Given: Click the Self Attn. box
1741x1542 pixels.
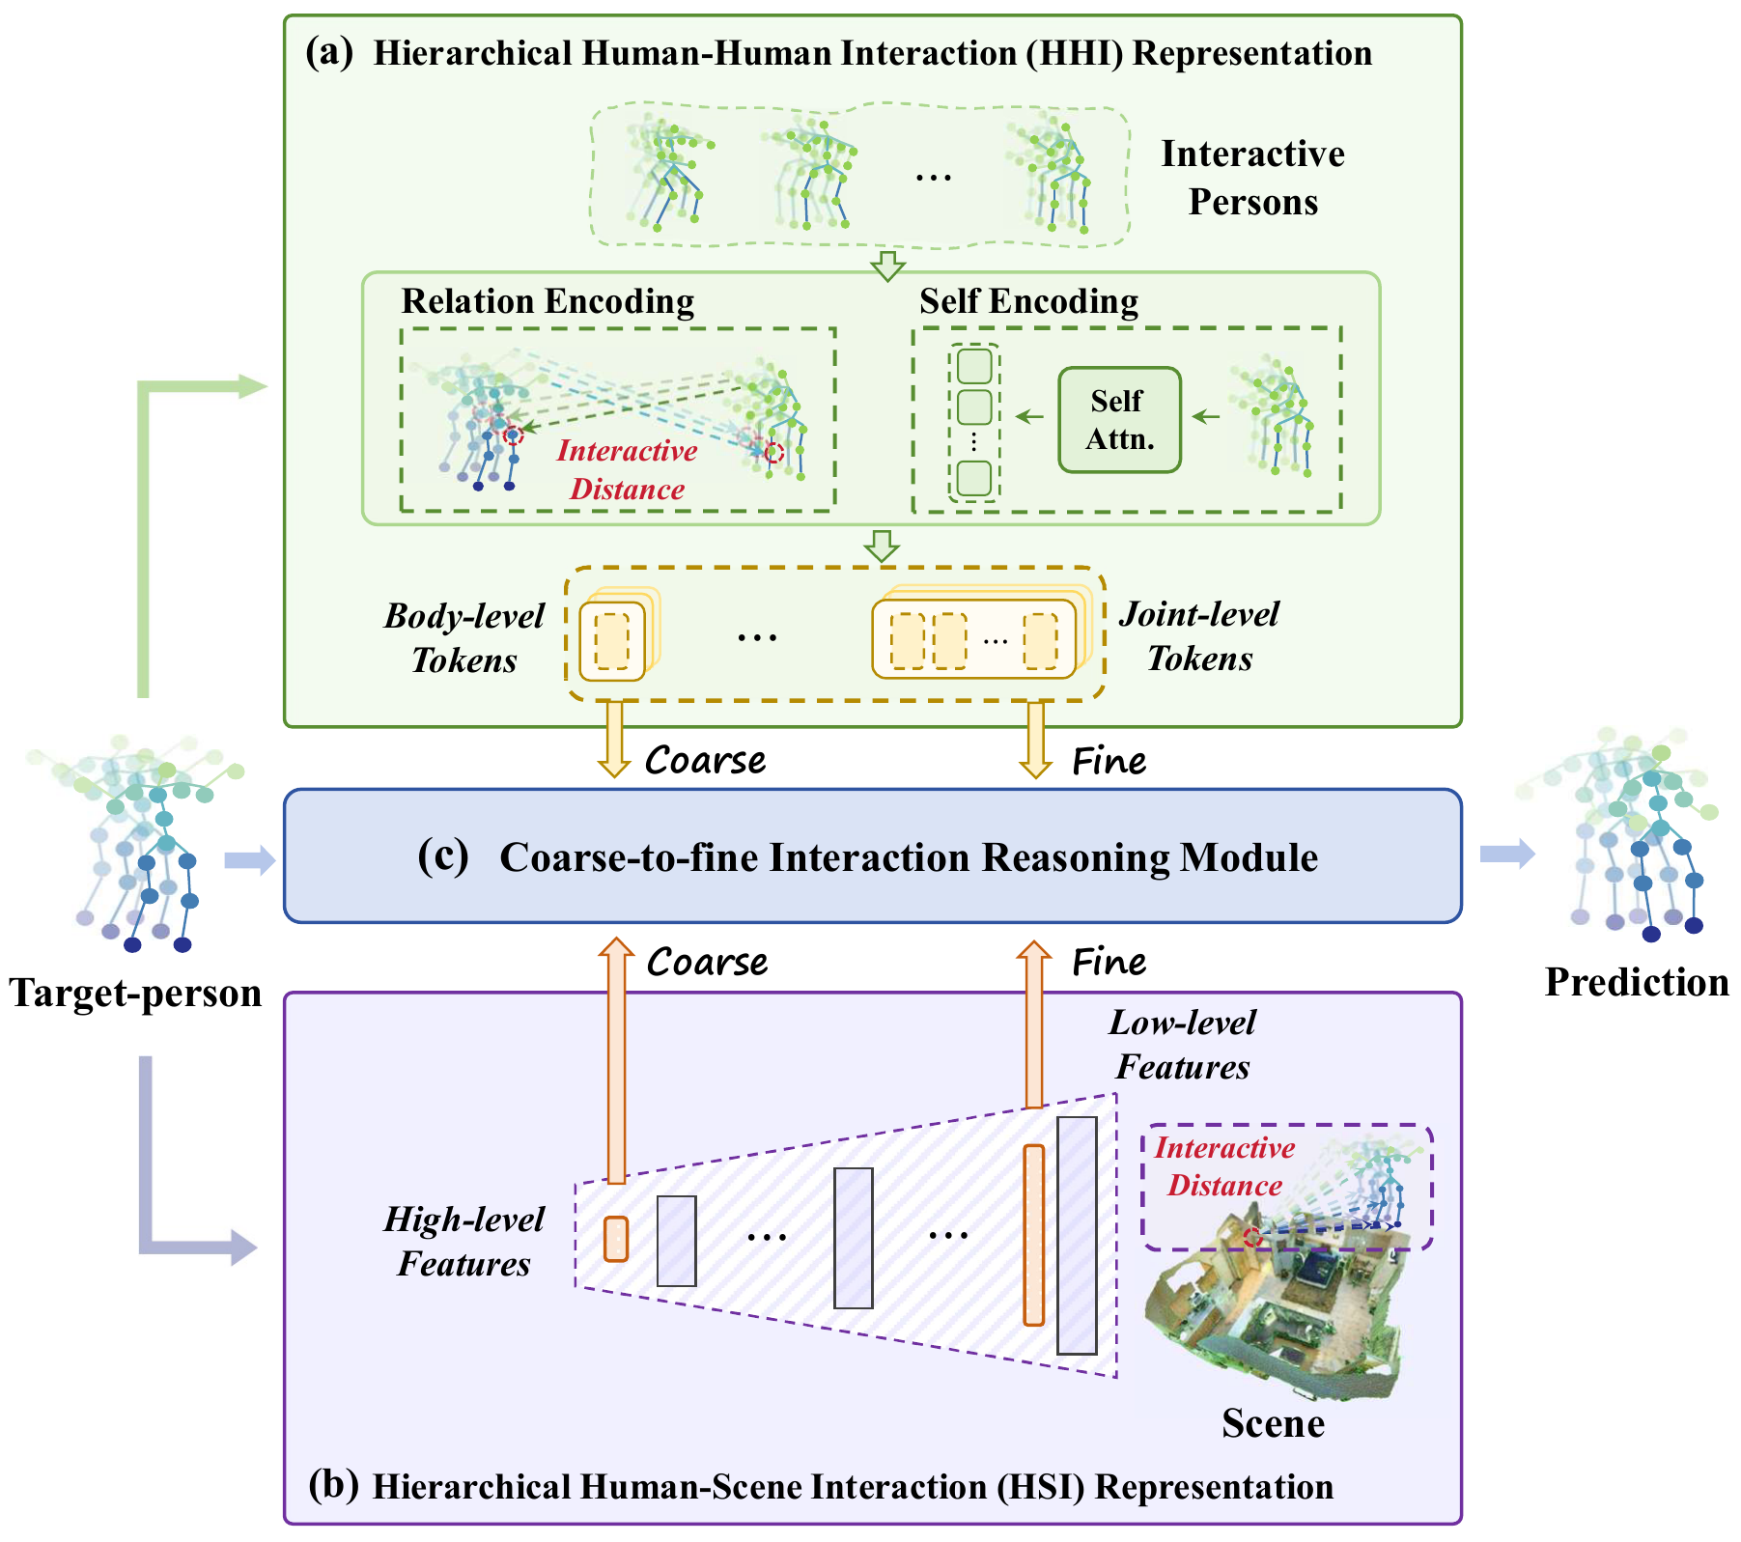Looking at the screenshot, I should tap(1119, 419).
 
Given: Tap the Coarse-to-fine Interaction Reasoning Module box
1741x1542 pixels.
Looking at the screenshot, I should tap(872, 856).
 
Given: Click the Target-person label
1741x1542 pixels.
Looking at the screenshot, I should tap(135, 993).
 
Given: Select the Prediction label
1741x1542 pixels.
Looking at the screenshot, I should tap(1636, 982).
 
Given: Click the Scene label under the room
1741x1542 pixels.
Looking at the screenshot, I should tap(1272, 1423).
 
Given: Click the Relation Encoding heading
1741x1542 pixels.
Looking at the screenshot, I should tap(548, 301).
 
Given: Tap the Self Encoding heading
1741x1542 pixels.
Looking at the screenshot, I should tap(1027, 301).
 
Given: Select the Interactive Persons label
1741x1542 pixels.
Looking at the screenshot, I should tap(1251, 178).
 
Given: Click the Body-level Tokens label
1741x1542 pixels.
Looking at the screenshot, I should tap(464, 637).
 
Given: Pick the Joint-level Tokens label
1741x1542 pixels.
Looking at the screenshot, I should tap(1199, 635).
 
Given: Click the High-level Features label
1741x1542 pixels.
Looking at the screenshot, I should tap(464, 1241).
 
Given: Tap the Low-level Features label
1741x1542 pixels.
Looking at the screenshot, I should tap(1182, 1044).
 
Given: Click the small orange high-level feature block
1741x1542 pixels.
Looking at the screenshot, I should tap(615, 1239).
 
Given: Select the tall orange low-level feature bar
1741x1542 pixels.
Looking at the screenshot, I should tap(1033, 1234).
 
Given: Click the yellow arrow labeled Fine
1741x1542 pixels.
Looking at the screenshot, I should tap(1035, 739).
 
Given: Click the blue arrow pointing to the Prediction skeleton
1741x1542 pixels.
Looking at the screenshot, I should tap(1506, 853).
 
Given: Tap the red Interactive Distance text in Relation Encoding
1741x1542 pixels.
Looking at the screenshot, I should tap(627, 470).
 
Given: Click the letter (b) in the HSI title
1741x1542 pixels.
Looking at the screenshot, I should tap(333, 1484).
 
